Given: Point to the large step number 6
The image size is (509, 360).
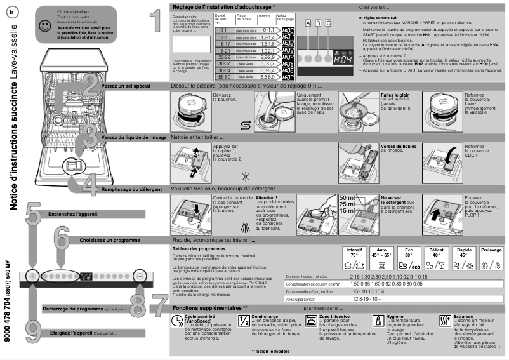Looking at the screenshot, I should click(62, 239).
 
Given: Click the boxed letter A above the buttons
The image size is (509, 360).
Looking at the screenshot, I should click(308, 23).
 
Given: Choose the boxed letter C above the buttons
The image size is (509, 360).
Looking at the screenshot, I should click(328, 23).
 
